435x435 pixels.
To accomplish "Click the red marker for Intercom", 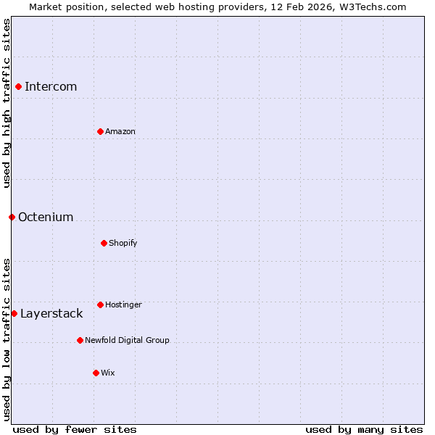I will point(18,87).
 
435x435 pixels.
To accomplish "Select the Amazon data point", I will point(100,131).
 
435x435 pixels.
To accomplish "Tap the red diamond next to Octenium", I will point(12,217).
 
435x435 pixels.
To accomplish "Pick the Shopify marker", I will point(104,243).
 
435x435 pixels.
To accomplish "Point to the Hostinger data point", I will point(100,304).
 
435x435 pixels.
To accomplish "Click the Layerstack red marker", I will point(14,313).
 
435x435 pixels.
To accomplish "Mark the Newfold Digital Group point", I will point(80,340).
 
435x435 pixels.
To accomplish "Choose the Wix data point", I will point(96,373).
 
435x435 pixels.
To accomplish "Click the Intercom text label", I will point(51,87).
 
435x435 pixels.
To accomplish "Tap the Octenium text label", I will point(46,217).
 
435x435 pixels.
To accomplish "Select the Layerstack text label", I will point(51,313).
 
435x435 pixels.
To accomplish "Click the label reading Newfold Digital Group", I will point(127,340).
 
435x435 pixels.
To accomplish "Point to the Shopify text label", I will point(123,243).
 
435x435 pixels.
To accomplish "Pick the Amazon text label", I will point(120,131).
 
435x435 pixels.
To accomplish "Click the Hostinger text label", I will point(123,304).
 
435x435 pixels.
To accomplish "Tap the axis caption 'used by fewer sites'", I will point(75,429).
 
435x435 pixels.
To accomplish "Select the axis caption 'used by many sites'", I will point(364,429).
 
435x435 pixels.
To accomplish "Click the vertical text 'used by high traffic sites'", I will point(7,103).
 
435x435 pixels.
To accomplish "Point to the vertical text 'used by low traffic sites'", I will point(7,339).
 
